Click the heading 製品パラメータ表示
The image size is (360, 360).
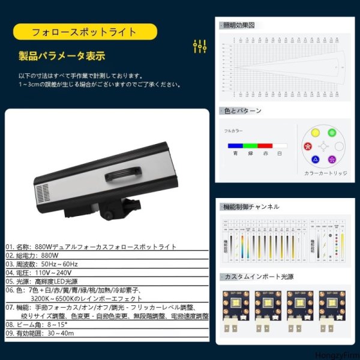(62, 57)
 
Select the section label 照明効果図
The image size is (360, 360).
(239, 26)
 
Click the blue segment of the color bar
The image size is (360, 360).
(234, 145)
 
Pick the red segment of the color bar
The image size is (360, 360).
(265, 145)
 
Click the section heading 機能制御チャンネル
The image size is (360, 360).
(251, 206)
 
